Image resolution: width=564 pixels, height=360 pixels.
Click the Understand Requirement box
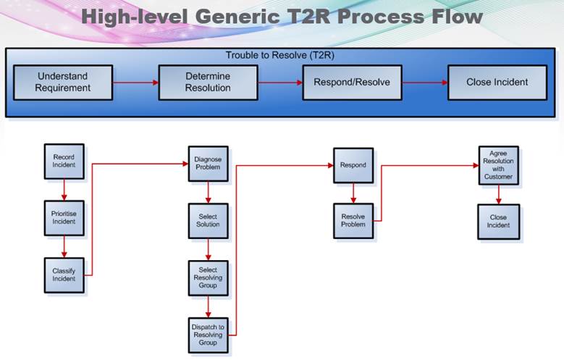click(64, 83)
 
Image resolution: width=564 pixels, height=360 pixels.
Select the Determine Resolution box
click(208, 83)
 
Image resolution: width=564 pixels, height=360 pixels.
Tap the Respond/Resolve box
click(352, 83)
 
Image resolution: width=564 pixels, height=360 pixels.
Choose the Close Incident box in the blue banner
click(497, 83)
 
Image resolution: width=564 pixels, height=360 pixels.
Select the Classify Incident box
click(64, 275)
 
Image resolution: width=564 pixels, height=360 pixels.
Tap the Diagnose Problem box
click(209, 164)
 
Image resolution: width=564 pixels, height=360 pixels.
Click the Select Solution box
click(209, 220)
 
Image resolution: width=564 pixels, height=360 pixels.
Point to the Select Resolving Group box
click(209, 278)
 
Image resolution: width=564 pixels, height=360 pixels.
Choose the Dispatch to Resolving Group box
click(209, 335)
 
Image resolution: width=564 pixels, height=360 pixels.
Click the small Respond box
click(353, 165)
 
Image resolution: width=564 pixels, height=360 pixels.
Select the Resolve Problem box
click(353, 221)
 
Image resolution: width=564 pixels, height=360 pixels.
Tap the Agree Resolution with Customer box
click(498, 165)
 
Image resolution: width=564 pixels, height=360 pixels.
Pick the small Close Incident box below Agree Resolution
click(498, 221)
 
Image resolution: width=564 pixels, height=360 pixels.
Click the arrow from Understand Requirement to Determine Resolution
click(135, 83)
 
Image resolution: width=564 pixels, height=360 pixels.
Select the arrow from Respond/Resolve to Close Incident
click(424, 83)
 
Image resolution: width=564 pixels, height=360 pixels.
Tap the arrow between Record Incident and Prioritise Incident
click(64, 190)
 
